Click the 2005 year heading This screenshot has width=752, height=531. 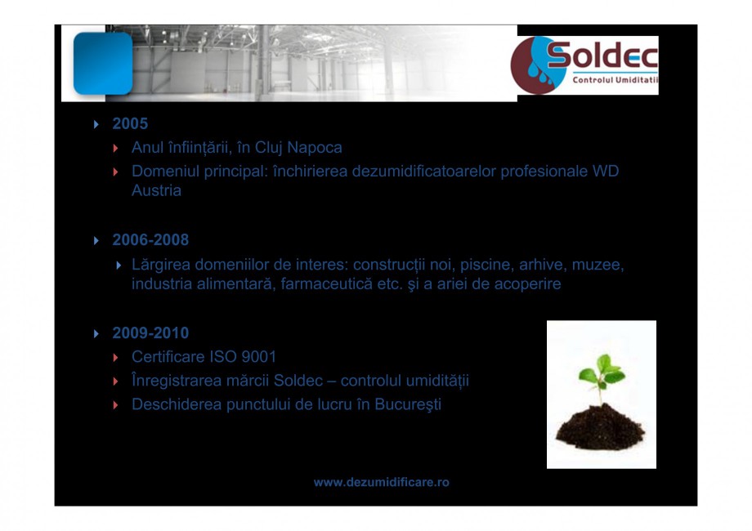pyautogui.click(x=130, y=124)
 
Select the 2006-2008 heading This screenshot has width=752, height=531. pyautogui.click(x=150, y=240)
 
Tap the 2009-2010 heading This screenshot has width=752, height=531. pyautogui.click(x=150, y=333)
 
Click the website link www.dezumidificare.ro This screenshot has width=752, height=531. pyautogui.click(x=382, y=483)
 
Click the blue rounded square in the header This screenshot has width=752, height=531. pyautogui.click(x=102, y=64)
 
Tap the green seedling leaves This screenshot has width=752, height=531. pyautogui.click(x=602, y=371)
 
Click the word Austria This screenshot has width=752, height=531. pyautogui.click(x=156, y=191)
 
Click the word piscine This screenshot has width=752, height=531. pyautogui.click(x=486, y=265)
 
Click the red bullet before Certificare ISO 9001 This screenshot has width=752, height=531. pyautogui.click(x=116, y=358)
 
